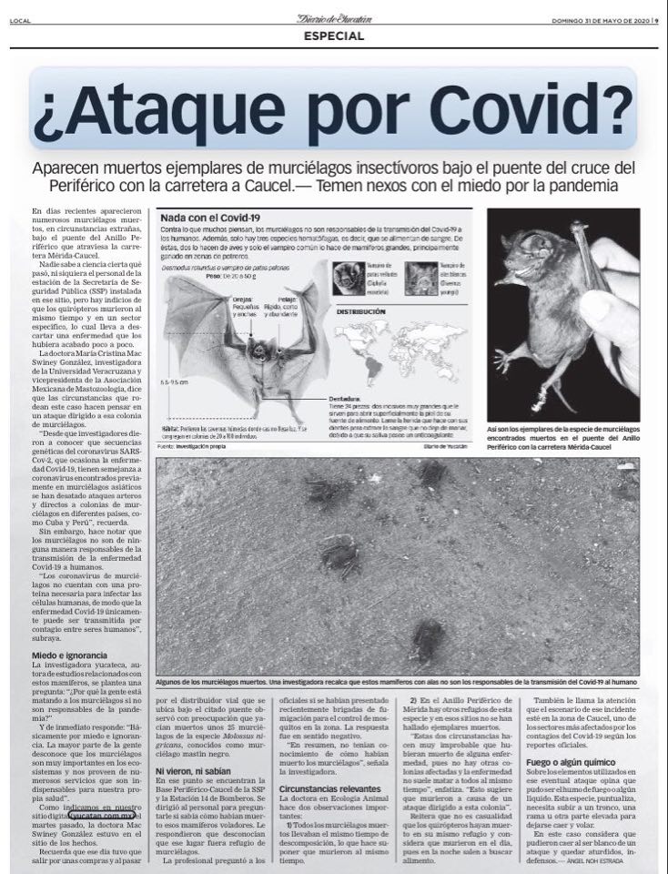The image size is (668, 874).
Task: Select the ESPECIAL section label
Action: [x=333, y=36]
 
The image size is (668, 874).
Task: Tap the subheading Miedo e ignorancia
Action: [x=70, y=655]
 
